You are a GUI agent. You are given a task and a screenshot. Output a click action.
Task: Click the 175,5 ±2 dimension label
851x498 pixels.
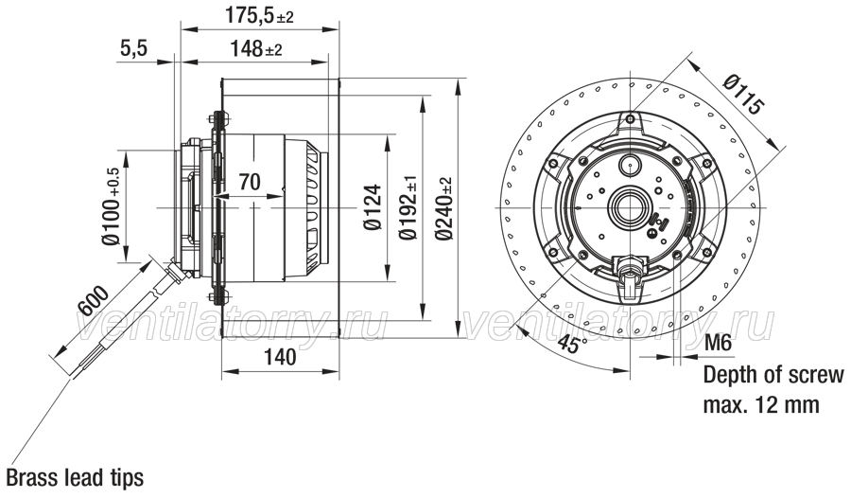click(259, 16)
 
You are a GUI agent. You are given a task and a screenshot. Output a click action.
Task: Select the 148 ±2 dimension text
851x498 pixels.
click(255, 49)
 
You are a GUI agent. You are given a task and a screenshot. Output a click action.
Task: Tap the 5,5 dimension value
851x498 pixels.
click(133, 49)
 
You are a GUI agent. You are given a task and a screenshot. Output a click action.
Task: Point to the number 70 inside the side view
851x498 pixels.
click(250, 182)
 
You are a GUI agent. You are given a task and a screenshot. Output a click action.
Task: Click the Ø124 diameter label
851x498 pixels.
click(373, 207)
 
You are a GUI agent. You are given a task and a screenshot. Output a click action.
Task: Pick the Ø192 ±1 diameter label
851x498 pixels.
click(408, 207)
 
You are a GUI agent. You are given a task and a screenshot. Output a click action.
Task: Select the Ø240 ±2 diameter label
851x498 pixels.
click(444, 209)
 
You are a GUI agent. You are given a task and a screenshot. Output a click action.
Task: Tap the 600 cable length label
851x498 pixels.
click(94, 299)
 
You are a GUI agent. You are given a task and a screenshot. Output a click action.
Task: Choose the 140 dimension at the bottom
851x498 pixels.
click(280, 357)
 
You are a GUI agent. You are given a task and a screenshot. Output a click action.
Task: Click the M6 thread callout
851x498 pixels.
click(718, 343)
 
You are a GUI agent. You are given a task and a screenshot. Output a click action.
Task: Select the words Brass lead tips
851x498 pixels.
click(75, 477)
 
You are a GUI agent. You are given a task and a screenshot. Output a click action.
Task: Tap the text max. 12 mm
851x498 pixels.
click(761, 405)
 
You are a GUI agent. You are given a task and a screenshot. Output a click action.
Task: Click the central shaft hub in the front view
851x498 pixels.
click(629, 207)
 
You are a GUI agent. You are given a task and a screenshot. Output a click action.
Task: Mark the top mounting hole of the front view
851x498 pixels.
click(630, 119)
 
